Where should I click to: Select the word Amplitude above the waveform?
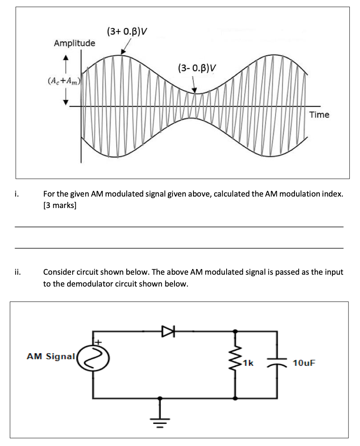tap(74, 43)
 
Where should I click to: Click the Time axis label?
tap(319, 115)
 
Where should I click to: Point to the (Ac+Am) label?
tap(64, 81)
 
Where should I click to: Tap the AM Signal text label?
tap(50, 356)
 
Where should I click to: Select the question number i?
tap(16, 194)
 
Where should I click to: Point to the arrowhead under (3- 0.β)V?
tap(195, 90)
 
